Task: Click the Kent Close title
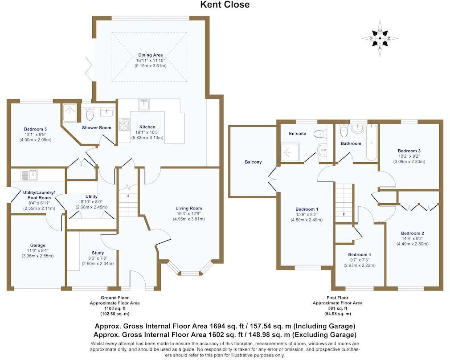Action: [225, 5]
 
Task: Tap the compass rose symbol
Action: [380, 38]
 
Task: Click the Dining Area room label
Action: [150, 55]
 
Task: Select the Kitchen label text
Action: [147, 127]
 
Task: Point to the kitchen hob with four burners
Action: [123, 124]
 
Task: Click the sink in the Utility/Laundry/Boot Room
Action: [32, 174]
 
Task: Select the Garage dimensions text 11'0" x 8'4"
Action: [38, 250]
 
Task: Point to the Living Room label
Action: [188, 208]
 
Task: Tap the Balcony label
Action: [253, 162]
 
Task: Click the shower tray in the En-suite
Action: [291, 151]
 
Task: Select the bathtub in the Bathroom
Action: [371, 143]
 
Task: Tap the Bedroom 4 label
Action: [359, 254]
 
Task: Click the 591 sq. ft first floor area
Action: [337, 308]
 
